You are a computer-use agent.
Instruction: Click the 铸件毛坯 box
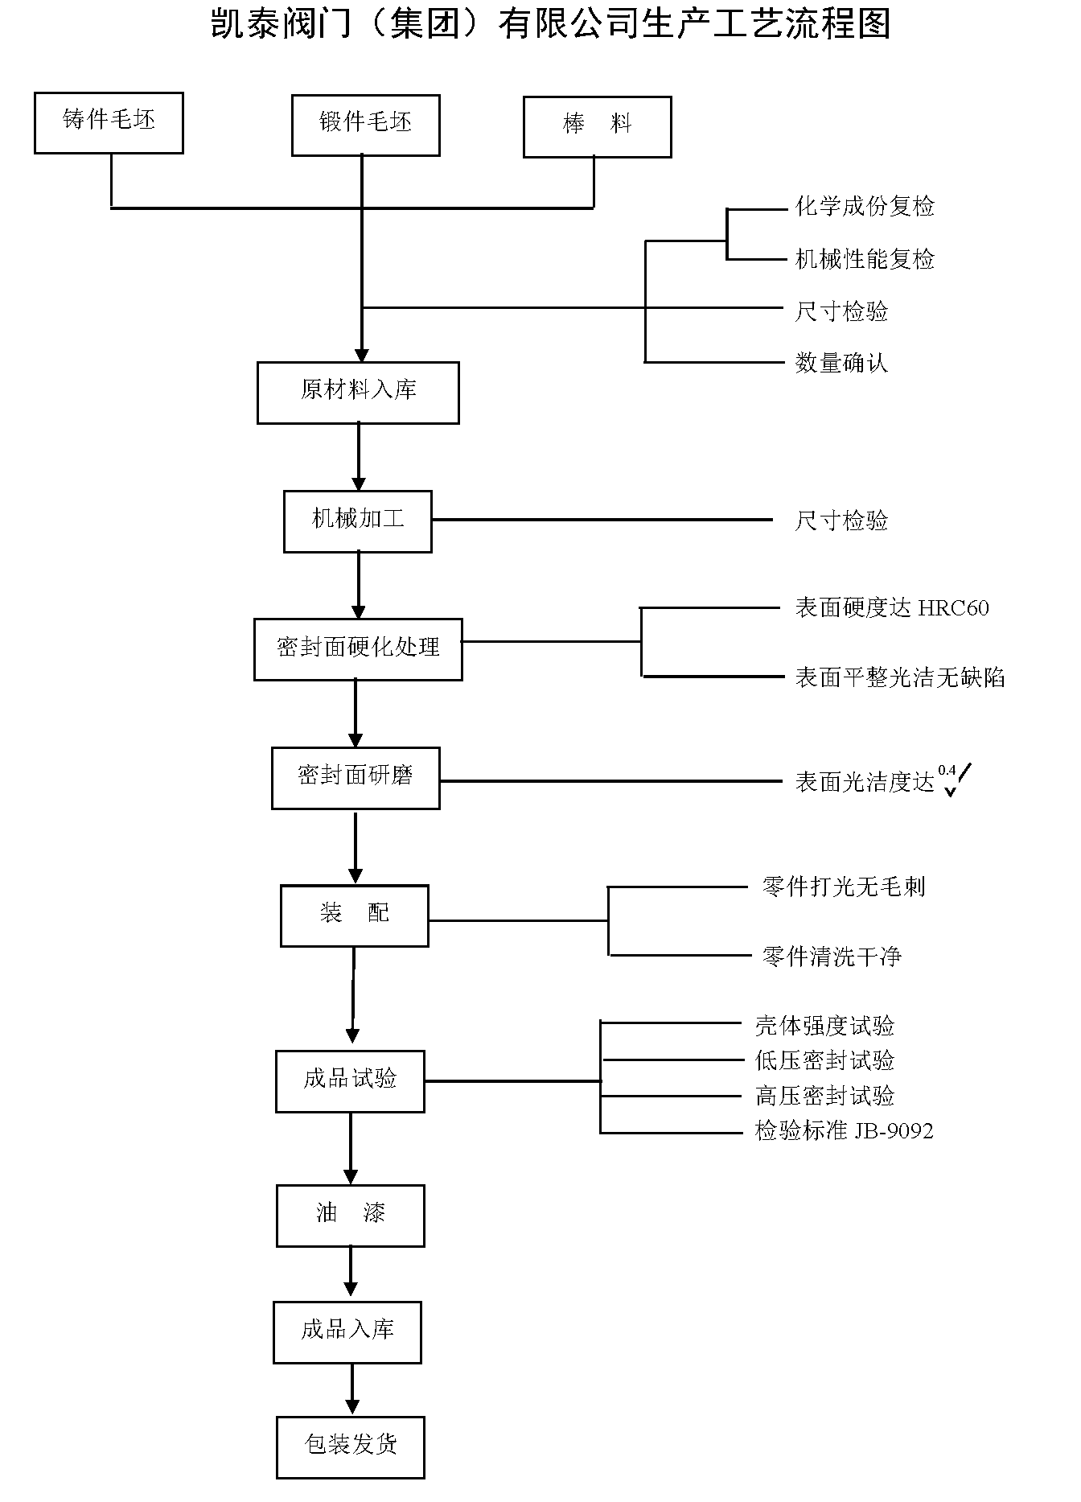point(109,122)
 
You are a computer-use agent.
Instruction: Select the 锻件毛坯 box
point(365,126)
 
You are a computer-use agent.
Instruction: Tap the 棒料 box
point(597,127)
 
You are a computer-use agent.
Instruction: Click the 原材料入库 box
point(358,393)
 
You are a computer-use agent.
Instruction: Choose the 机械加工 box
point(357,521)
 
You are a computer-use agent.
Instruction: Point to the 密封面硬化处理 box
point(358,649)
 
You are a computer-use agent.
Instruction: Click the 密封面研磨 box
point(356,778)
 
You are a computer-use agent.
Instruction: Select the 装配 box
point(354,916)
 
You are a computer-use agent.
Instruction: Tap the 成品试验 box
point(350,1081)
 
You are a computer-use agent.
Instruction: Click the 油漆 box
point(350,1216)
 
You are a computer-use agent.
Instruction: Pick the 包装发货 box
point(350,1447)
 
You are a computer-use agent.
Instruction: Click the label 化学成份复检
point(865,208)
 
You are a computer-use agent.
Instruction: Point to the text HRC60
point(953,608)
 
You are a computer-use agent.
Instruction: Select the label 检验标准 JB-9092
point(844,1131)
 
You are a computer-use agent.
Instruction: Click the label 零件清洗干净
point(832,957)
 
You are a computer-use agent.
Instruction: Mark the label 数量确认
point(841,364)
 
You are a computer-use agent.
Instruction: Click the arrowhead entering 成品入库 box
point(351,1294)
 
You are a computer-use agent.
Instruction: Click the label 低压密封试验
point(824,1061)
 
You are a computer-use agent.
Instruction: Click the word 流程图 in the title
point(844,24)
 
